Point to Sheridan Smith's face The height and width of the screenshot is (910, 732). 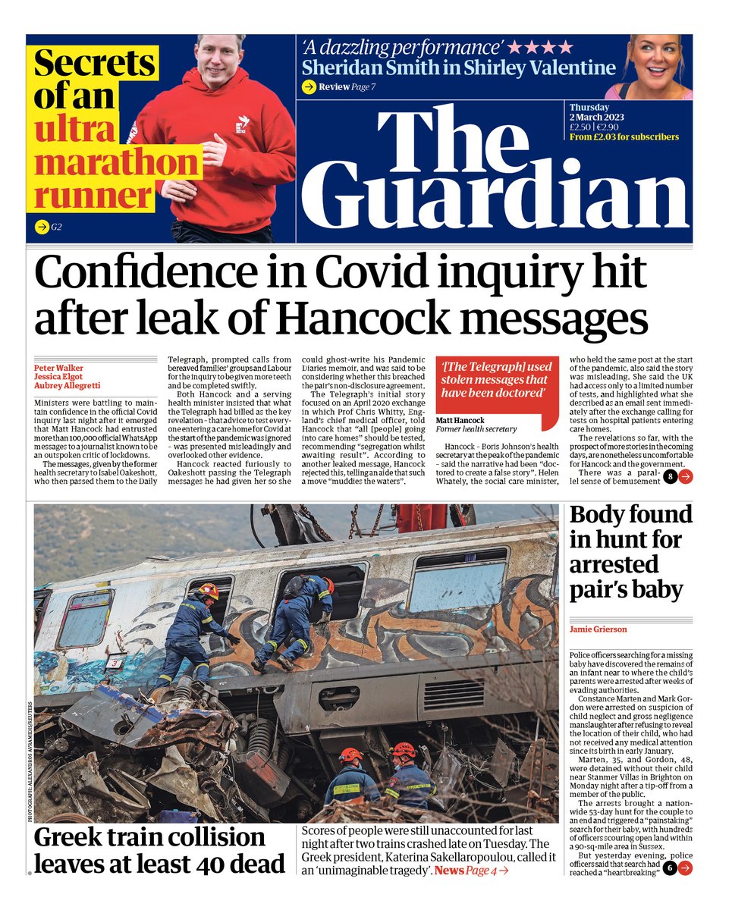tap(655, 64)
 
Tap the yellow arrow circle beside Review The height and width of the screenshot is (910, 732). tap(309, 87)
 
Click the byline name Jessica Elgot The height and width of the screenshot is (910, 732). tap(58, 377)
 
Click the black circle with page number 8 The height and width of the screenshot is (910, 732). tap(671, 476)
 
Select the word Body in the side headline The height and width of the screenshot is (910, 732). tap(602, 516)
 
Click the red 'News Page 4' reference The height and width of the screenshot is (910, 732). tap(471, 870)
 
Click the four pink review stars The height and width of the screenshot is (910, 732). tap(539, 46)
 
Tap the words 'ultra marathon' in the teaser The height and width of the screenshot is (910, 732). tap(114, 148)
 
